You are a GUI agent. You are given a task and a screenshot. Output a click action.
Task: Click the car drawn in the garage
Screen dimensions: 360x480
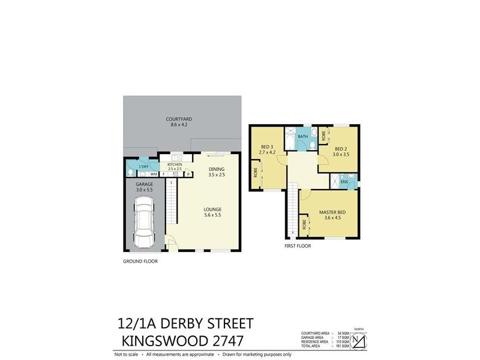[x=144, y=220]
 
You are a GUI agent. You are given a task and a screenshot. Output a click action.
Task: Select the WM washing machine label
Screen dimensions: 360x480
[x=154, y=175]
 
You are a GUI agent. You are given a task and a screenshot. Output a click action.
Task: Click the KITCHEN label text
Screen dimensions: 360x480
[x=175, y=164]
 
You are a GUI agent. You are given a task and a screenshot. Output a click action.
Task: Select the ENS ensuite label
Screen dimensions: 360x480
[x=344, y=182]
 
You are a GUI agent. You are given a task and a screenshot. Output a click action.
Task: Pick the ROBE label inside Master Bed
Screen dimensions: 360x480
[x=305, y=226]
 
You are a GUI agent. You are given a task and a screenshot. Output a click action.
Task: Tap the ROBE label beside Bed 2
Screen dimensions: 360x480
[x=323, y=136]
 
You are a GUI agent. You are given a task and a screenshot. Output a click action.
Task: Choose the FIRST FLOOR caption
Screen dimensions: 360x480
[x=298, y=246]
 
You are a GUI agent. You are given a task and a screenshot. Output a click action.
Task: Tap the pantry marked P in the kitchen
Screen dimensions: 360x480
[x=187, y=175]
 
